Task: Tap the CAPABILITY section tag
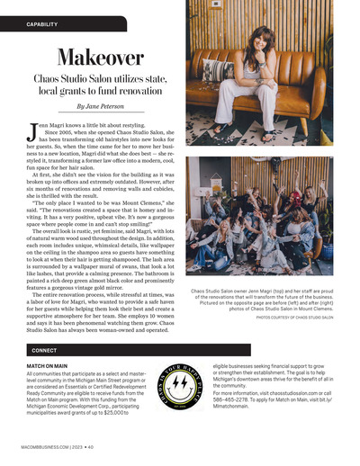click(x=38, y=22)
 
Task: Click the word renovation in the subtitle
click(x=135, y=92)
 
